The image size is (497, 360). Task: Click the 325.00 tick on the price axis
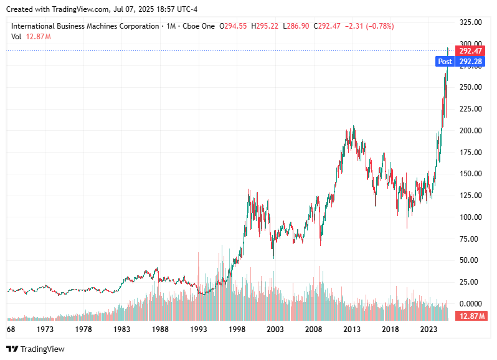tap(470, 22)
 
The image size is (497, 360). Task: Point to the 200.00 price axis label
tap(470, 130)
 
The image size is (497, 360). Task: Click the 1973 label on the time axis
tap(45, 329)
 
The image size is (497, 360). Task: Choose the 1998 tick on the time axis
tap(237, 329)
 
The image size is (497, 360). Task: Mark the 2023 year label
tap(428, 329)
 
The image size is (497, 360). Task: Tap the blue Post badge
tap(445, 62)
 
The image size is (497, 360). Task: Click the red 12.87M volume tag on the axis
tap(471, 316)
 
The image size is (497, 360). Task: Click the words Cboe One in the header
tap(199, 26)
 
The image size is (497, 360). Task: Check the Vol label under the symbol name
tap(16, 37)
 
